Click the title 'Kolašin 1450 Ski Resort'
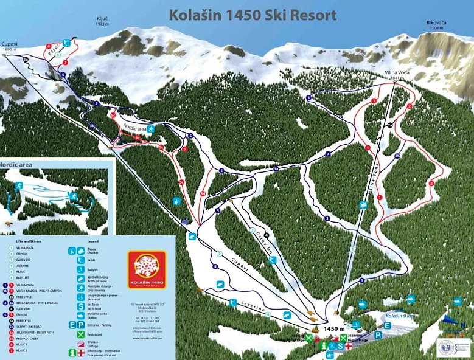pos(252,15)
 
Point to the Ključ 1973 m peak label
pos(102,21)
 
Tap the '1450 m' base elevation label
pos(334,329)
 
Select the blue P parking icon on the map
pos(378,334)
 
